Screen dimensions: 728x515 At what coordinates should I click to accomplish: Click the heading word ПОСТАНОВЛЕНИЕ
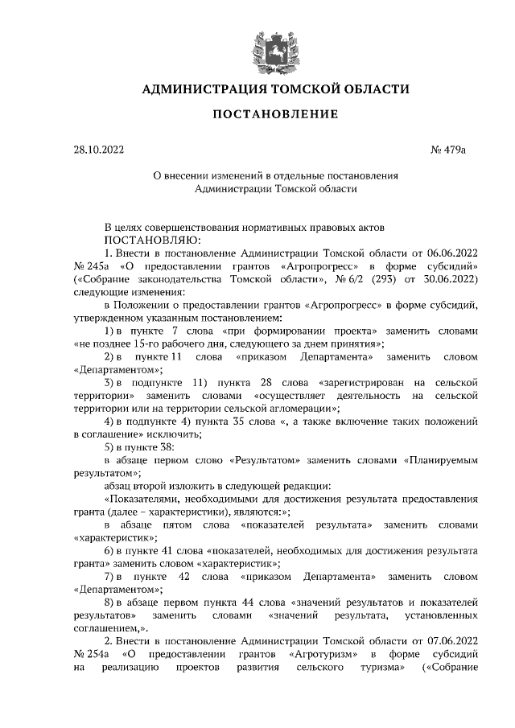pos(275,114)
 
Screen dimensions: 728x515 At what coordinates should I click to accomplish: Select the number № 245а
pos(93,265)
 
